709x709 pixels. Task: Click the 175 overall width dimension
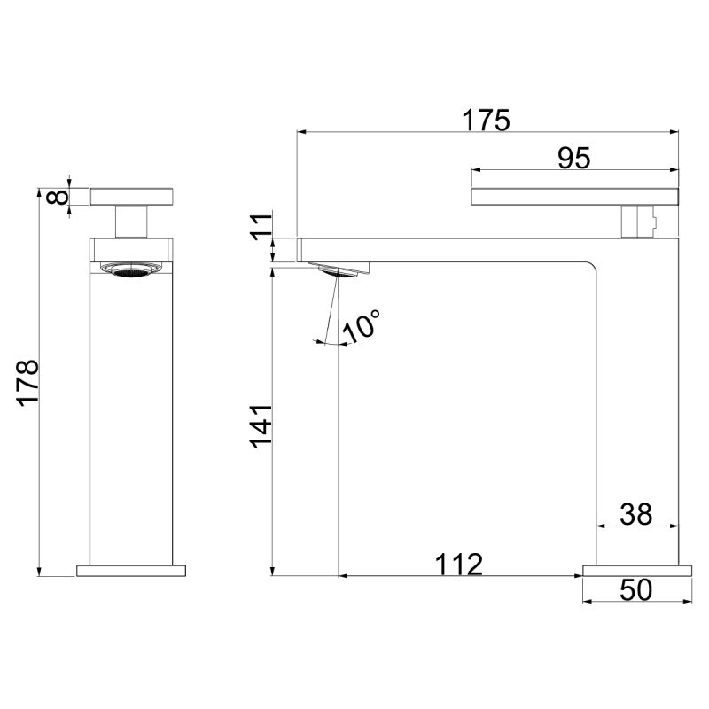coord(486,121)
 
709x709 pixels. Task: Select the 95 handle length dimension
coord(573,159)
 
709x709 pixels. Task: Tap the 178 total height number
coord(28,384)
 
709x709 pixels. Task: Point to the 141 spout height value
coord(261,426)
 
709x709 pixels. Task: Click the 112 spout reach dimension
coord(458,565)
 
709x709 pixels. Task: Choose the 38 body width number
coord(635,515)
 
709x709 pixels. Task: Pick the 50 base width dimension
coord(635,590)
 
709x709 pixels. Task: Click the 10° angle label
coord(362,325)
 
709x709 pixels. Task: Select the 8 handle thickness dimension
coord(58,197)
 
